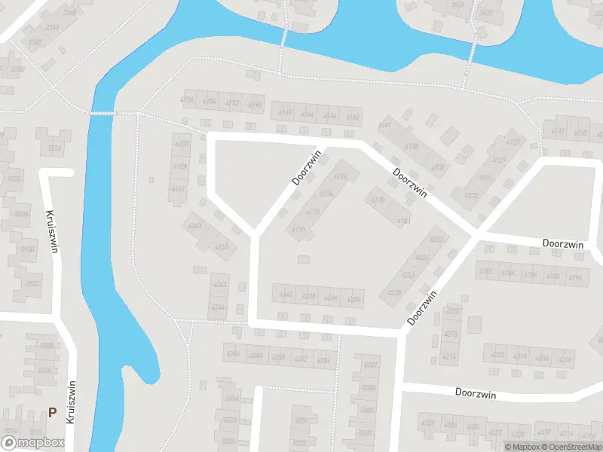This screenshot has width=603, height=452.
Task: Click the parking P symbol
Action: point(52,412)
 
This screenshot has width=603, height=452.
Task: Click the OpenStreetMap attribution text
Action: point(574,447)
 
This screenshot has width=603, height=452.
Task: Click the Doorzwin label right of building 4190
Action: point(564,244)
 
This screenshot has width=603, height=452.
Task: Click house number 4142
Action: point(353,116)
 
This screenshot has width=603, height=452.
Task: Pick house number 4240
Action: point(286,295)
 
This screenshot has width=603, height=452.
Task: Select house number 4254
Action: point(323,360)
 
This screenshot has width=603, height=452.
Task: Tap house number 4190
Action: point(576,277)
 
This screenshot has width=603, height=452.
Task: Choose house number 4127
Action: point(513,142)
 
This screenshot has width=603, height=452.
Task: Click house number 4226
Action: point(394,292)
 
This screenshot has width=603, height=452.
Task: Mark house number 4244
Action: point(219,307)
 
